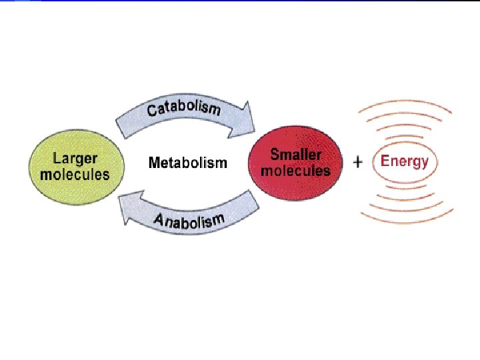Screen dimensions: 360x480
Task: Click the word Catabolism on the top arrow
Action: tap(183, 109)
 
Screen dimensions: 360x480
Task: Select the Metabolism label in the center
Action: tap(187, 163)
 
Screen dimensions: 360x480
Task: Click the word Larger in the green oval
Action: tap(75, 159)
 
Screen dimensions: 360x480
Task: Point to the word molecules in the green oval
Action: tap(75, 175)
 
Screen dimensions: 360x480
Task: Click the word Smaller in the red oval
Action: tap(295, 155)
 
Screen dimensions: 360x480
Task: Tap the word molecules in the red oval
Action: tap(295, 171)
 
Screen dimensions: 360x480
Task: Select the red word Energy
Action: tap(404, 161)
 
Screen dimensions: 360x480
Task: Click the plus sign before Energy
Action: tap(358, 162)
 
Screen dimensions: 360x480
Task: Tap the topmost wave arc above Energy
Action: tap(406, 103)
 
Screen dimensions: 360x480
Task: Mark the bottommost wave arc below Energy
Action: tap(406, 221)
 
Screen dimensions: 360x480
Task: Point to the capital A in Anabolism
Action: tap(160, 220)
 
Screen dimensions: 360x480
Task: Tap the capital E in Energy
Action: tap(385, 161)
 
